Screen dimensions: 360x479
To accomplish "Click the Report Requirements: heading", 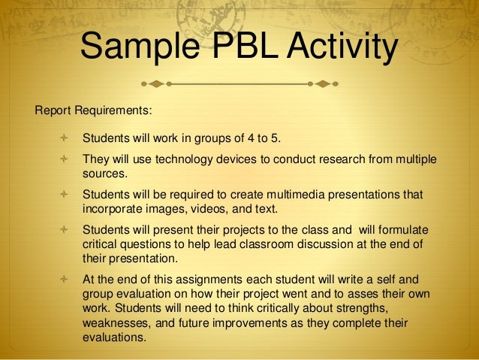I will [x=93, y=110].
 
